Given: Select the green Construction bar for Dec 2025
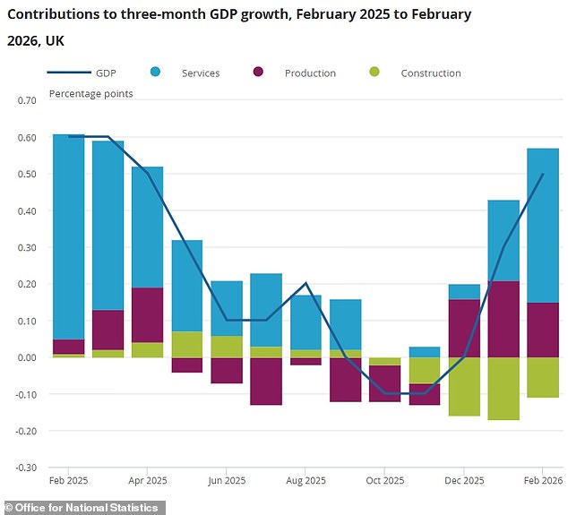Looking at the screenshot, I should point(464,386).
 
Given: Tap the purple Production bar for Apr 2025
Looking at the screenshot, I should point(148,314).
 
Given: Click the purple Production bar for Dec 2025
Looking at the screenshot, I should point(464,328).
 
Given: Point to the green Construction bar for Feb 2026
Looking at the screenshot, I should point(543,377).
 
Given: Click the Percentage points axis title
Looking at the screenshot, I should point(90,93).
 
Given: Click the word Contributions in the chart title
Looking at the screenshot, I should point(54,15).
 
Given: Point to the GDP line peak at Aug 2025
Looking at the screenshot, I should point(306,283).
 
